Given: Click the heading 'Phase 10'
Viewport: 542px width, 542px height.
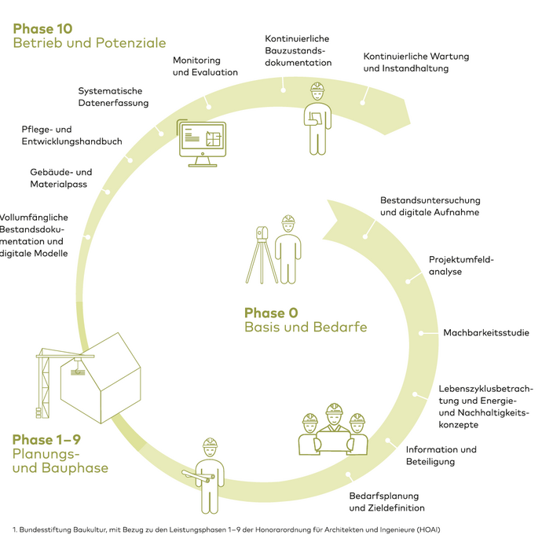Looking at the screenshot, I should [43, 27].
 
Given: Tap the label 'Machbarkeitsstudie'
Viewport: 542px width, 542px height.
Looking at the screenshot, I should [485, 333].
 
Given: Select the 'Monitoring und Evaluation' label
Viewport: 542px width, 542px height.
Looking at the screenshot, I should [205, 66].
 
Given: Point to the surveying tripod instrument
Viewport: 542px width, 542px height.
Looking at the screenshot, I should [261, 255].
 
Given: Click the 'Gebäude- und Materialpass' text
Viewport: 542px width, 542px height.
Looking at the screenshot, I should [60, 178].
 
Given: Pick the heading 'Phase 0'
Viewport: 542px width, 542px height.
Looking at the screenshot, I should [271, 313].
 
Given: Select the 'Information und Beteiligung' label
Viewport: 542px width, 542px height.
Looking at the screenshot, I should [441, 456].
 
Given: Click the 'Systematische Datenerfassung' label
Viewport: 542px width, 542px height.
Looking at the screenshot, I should [113, 97].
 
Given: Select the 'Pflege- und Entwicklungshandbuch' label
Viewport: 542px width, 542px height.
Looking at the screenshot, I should [71, 135].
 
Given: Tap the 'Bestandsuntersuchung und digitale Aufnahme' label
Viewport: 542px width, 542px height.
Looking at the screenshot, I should [430, 206].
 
